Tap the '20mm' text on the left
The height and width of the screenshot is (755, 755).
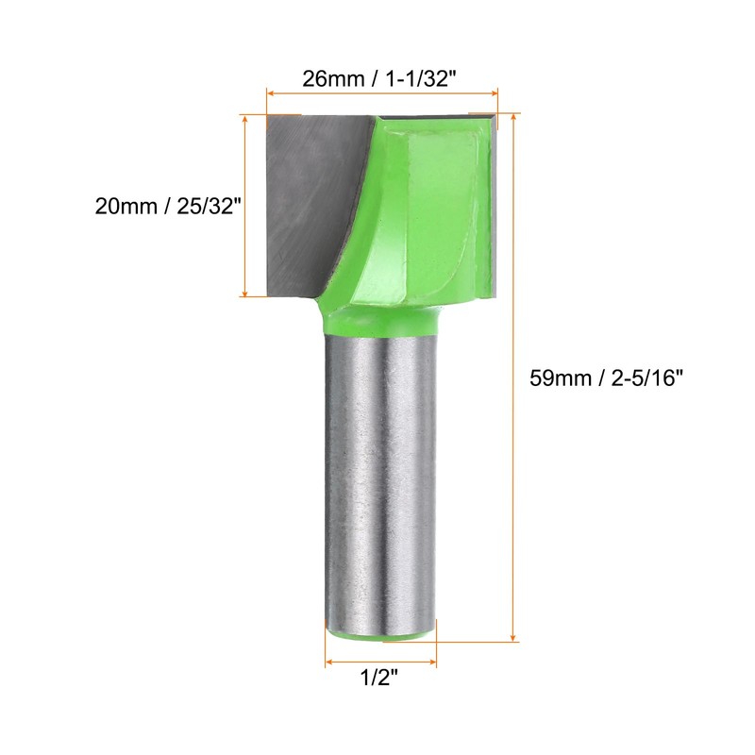click(126, 207)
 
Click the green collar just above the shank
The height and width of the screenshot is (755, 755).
click(381, 319)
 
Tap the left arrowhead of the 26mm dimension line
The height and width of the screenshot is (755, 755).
click(273, 94)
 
